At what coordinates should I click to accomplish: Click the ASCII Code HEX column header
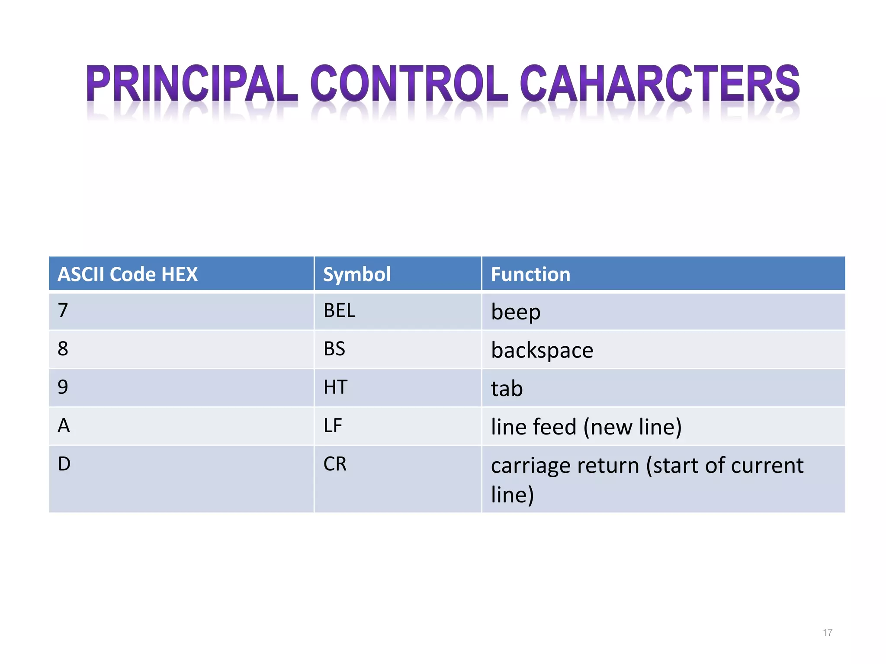[x=128, y=275]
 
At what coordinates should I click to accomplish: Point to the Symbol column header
[x=357, y=275]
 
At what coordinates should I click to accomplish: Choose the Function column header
[x=530, y=275]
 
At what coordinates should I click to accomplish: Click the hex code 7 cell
[x=63, y=310]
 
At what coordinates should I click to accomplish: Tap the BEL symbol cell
[x=340, y=311]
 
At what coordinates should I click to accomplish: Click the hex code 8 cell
[x=63, y=349]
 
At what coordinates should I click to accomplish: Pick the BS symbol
[x=334, y=349]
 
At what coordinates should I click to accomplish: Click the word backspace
[x=542, y=350]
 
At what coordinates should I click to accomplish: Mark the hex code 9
[x=63, y=387]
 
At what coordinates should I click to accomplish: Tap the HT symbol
[x=335, y=387]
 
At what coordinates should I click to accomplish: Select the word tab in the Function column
[x=507, y=389]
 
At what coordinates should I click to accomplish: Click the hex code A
[x=64, y=426]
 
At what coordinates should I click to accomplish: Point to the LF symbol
[x=333, y=426]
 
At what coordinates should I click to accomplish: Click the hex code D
[x=64, y=464]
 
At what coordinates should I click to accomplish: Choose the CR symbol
[x=335, y=464]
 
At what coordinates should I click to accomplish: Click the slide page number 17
[x=827, y=633]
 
